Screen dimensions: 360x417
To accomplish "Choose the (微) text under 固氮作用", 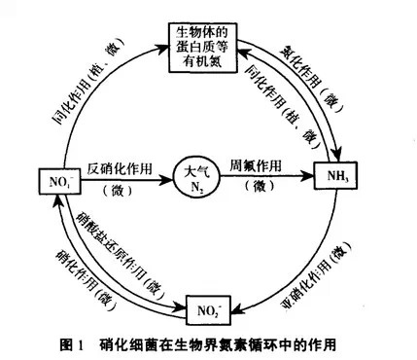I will point(261,188).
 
